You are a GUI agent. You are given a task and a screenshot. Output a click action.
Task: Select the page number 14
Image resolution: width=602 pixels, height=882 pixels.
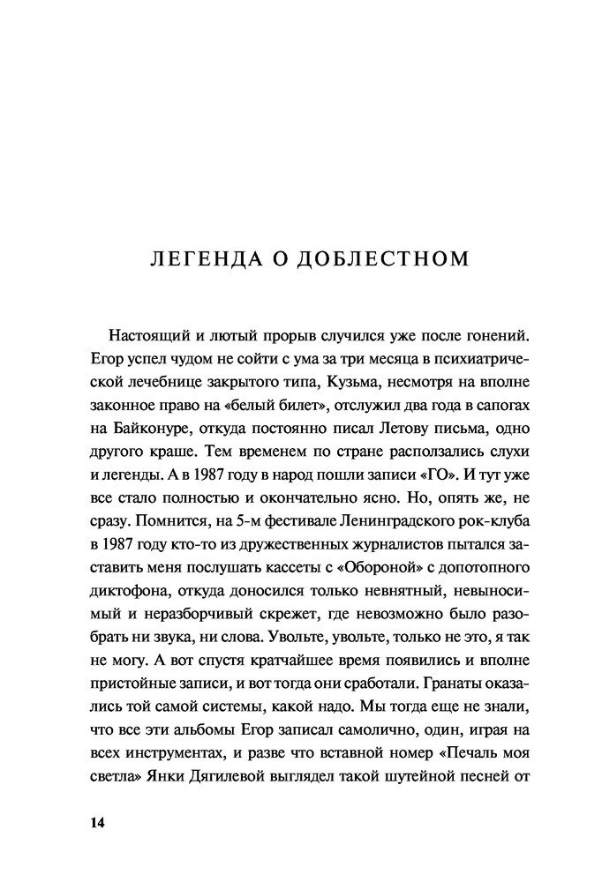coord(97,823)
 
